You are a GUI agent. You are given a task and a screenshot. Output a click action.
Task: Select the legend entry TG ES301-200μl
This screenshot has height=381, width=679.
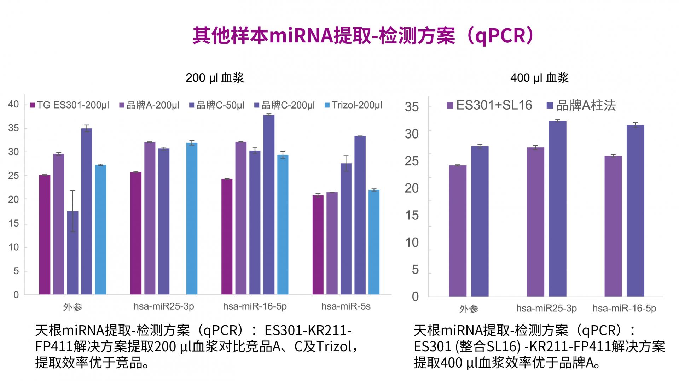coord(70,105)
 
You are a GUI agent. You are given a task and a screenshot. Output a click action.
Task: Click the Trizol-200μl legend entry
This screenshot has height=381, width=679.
coord(353,105)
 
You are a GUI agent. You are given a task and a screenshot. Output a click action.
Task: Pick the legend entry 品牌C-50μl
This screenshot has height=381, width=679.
coord(217,105)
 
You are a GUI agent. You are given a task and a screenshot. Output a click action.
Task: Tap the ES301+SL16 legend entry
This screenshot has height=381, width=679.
coord(489,105)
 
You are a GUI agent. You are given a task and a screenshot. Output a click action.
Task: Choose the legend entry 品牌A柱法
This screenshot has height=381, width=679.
coord(581,105)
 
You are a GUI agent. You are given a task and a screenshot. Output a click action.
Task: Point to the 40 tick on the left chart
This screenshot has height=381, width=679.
coord(13,104)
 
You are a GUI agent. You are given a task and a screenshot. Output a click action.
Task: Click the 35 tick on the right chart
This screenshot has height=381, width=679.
coord(412,107)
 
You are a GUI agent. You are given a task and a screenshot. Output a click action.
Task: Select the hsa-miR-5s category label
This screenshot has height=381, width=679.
coord(346,306)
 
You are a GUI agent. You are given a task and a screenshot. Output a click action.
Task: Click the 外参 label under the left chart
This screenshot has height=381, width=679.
coord(72,307)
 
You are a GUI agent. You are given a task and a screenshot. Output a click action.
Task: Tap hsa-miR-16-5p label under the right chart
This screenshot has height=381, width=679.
coord(624,309)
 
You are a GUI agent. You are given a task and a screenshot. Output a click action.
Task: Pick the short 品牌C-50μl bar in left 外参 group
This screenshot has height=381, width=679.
coord(72,253)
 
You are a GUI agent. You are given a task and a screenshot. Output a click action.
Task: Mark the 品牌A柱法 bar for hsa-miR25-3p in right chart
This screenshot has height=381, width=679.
coord(557,209)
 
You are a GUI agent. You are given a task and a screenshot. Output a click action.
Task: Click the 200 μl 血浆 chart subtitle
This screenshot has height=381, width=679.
coord(215,78)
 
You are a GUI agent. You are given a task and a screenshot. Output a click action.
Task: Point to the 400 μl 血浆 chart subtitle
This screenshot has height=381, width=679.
coord(539,78)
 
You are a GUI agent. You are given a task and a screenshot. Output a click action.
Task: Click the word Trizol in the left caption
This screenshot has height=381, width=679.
coord(333,347)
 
